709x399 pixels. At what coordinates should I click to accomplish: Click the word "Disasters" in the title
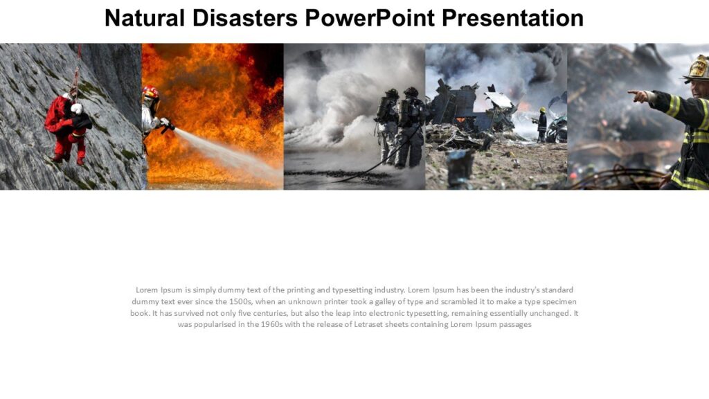pyautogui.click(x=244, y=18)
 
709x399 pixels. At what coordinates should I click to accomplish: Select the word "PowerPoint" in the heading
pyautogui.click(x=369, y=18)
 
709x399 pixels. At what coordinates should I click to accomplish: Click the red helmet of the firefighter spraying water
pyautogui.click(x=150, y=92)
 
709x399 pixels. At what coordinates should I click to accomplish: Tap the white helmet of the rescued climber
pyautogui.click(x=76, y=109)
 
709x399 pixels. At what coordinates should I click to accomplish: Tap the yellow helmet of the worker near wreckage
pyautogui.click(x=542, y=109)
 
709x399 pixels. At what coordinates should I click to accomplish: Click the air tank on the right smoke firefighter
pyautogui.click(x=405, y=112)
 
